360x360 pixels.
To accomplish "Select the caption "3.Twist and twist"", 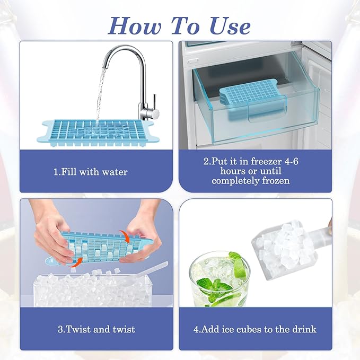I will [96, 329].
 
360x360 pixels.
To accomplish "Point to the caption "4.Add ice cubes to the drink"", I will [256, 329].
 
